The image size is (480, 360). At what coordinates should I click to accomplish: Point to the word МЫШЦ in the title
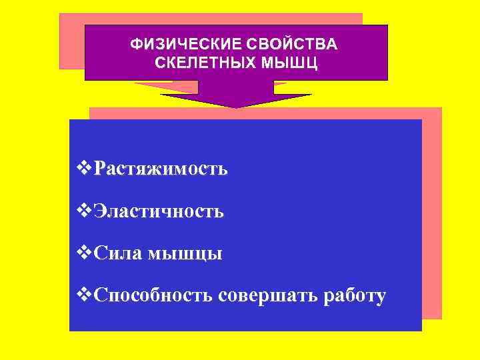click(289, 63)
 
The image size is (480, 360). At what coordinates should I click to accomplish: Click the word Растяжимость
click(161, 169)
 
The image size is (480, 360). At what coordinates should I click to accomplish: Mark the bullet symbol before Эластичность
click(83, 211)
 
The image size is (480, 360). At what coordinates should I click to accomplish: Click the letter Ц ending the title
click(312, 63)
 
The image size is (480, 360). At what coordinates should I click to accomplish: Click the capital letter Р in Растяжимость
click(101, 169)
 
